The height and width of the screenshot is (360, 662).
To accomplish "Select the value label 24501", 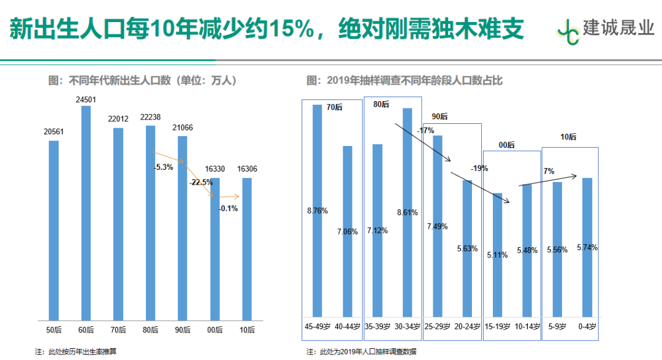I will click(86, 99).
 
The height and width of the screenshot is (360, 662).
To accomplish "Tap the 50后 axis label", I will click(54, 330).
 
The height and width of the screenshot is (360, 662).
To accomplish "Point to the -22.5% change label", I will click(202, 182).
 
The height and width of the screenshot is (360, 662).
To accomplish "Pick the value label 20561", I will click(54, 132).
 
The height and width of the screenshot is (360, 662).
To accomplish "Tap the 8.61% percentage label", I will click(408, 213).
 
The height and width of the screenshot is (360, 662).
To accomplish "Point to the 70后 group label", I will click(334, 107).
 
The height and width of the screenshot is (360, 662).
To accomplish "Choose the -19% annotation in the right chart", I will click(479, 168).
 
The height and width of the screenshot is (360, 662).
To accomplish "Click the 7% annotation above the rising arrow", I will click(549, 170).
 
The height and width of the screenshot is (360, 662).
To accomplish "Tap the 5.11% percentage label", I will click(497, 255).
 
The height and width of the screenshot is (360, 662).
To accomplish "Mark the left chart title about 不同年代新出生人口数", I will click(142, 80).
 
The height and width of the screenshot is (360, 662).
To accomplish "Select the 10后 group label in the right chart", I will click(568, 137).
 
